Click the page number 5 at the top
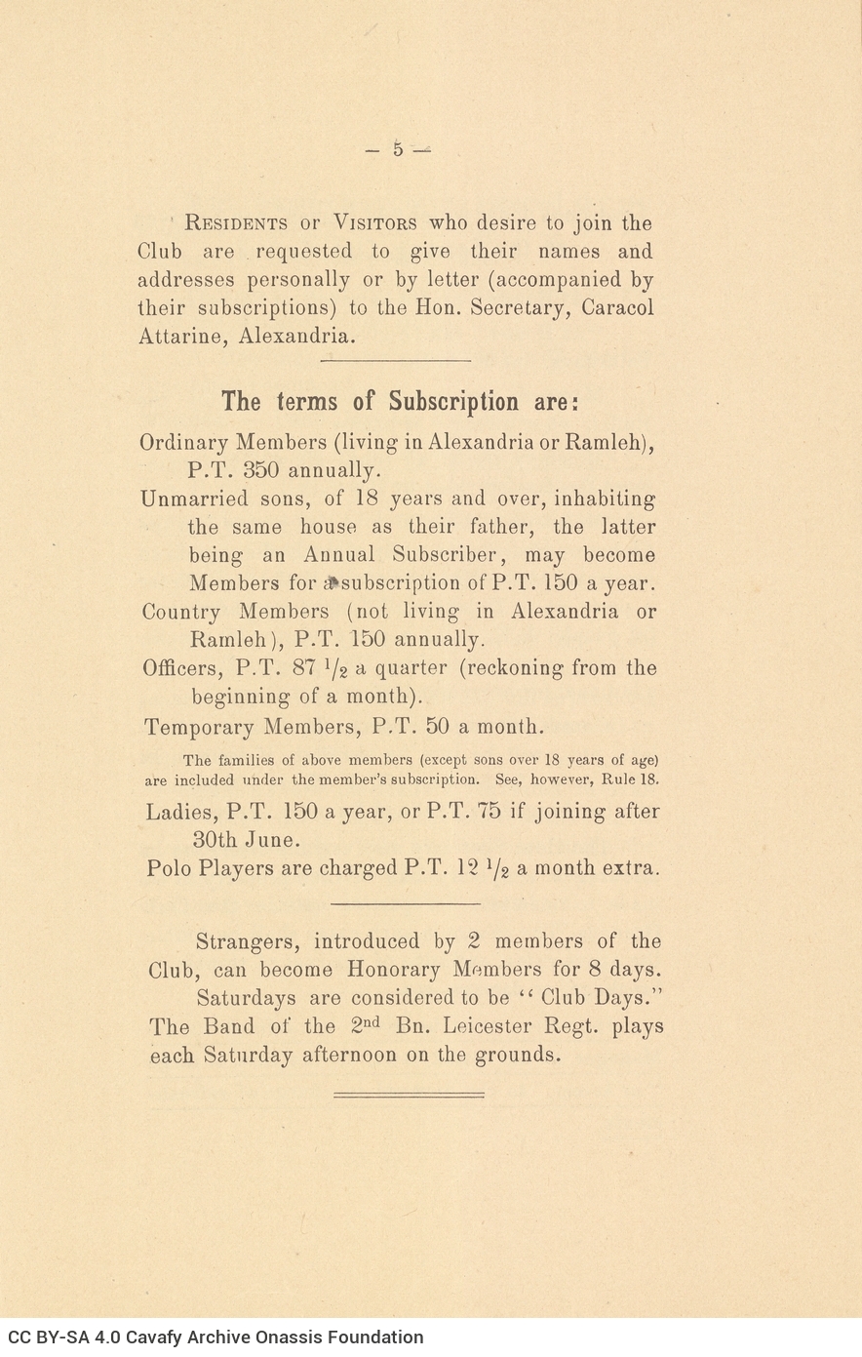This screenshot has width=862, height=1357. tap(398, 150)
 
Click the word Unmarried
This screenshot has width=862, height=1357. tap(190, 499)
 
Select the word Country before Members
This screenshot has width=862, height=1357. tap(181, 612)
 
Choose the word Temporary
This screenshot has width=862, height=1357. tap(199, 727)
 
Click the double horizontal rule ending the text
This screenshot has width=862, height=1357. tap(409, 1095)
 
